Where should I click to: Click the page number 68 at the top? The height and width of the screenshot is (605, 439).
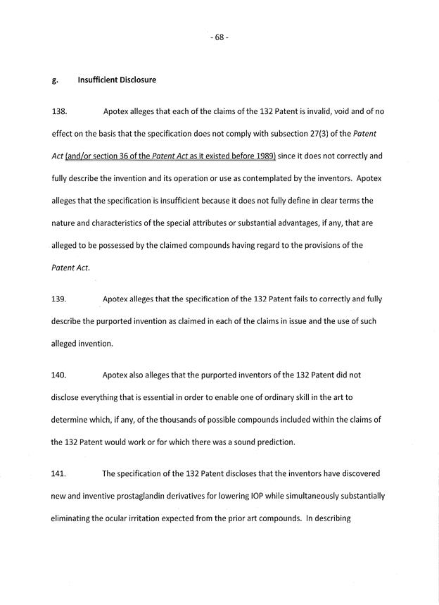click(x=219, y=37)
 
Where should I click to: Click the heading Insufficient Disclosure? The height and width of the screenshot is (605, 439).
click(x=117, y=80)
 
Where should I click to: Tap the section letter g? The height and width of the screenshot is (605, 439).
click(x=54, y=80)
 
